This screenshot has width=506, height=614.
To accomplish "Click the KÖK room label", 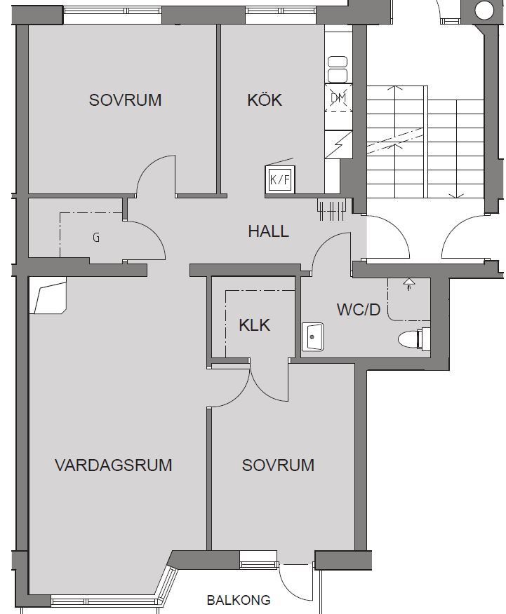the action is click(x=265, y=100).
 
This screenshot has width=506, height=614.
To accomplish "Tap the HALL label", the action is click(x=269, y=231).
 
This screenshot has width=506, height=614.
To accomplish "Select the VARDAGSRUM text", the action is click(x=114, y=465).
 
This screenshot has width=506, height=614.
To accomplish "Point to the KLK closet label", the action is click(x=254, y=325).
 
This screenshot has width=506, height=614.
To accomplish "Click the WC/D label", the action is click(x=359, y=309).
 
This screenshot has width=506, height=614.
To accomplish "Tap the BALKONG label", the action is click(x=239, y=600).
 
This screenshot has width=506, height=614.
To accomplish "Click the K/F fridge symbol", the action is click(x=280, y=179).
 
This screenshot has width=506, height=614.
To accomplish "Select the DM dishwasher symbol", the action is click(x=338, y=97).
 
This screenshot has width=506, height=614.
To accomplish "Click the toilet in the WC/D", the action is click(x=414, y=339).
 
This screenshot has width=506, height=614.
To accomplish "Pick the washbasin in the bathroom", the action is click(x=312, y=336).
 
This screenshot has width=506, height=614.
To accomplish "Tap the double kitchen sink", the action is click(x=338, y=69).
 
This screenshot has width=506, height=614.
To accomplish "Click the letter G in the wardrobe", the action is click(x=96, y=238).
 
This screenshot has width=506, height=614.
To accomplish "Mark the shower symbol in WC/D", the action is click(x=408, y=284).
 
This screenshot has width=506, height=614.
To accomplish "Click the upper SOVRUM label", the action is click(x=125, y=100).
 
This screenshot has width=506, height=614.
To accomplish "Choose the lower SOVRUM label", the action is click(x=278, y=465).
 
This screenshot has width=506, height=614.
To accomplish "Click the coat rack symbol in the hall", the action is click(x=331, y=210).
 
